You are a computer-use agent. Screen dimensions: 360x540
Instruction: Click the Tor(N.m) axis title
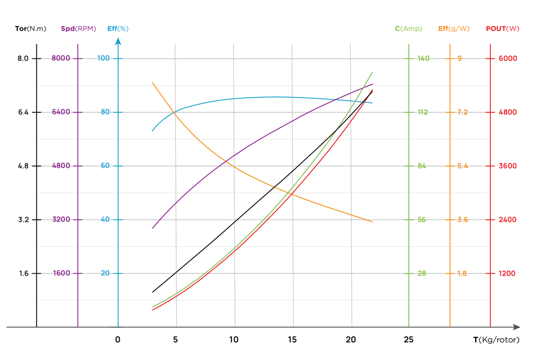(x=30, y=29)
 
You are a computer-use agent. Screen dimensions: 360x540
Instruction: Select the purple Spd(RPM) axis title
(x=78, y=29)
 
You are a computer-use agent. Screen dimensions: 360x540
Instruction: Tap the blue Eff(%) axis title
(x=118, y=29)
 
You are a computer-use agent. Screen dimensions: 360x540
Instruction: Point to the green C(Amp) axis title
(x=409, y=29)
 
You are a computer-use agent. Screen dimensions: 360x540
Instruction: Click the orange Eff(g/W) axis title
(x=454, y=29)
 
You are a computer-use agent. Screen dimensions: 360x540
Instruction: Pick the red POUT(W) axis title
(x=503, y=29)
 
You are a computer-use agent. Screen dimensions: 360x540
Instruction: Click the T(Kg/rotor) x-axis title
(x=496, y=340)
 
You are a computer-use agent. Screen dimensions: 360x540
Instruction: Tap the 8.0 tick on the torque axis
(x=23, y=58)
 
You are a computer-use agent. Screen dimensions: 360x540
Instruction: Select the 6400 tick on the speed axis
(x=61, y=112)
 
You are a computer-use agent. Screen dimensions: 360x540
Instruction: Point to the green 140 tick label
(x=423, y=58)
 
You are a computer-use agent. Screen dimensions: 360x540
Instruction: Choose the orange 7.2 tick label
(x=462, y=112)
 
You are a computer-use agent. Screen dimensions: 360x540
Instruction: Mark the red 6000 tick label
(x=508, y=58)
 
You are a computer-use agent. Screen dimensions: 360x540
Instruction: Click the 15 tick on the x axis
(x=292, y=340)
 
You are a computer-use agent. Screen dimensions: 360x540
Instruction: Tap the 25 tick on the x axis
(x=409, y=340)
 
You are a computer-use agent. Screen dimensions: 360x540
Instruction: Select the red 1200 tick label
(x=508, y=274)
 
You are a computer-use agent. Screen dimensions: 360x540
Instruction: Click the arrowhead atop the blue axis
(x=118, y=41)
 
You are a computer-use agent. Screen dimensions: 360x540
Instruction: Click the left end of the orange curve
(x=153, y=82)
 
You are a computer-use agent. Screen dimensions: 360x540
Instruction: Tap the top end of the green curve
(x=373, y=72)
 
